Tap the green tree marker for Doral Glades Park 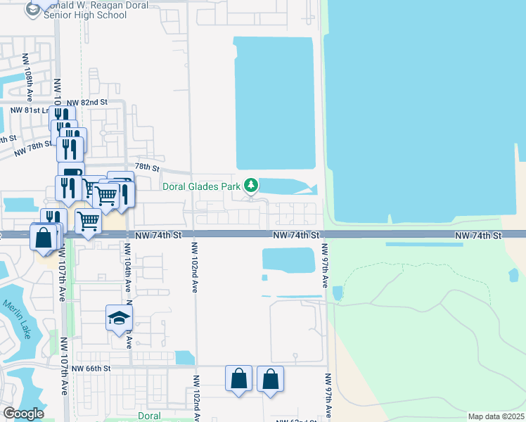pyautogui.click(x=251, y=186)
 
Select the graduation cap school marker pyautogui.click(x=119, y=318)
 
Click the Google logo pyautogui.click(x=23, y=414)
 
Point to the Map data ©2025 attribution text pyautogui.click(x=496, y=416)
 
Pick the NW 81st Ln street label pyautogui.click(x=29, y=110)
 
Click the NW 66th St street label pyautogui.click(x=91, y=368)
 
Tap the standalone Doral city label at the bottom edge pyautogui.click(x=149, y=416)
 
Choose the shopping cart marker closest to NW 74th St pyautogui.click(x=88, y=222)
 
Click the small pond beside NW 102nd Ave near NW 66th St pyautogui.click(x=184, y=357)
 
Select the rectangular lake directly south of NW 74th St pyautogui.click(x=288, y=259)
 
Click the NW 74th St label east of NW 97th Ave pyautogui.click(x=477, y=234)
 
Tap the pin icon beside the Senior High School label pyautogui.click(x=33, y=10)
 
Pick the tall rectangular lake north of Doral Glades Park pyautogui.click(x=274, y=102)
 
